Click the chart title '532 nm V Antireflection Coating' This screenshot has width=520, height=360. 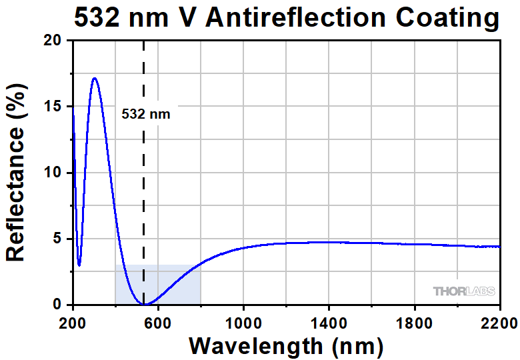pyautogui.click(x=286, y=18)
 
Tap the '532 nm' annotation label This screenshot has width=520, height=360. pyautogui.click(x=145, y=114)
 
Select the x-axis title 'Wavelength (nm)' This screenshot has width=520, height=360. pyautogui.click(x=286, y=346)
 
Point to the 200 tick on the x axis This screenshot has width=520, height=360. pyautogui.click(x=72, y=323)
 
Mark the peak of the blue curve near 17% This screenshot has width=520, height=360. pyautogui.click(x=95, y=78)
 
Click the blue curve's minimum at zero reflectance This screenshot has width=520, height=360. pyautogui.click(x=144, y=304)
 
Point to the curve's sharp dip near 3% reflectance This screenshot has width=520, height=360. pyautogui.click(x=79, y=265)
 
